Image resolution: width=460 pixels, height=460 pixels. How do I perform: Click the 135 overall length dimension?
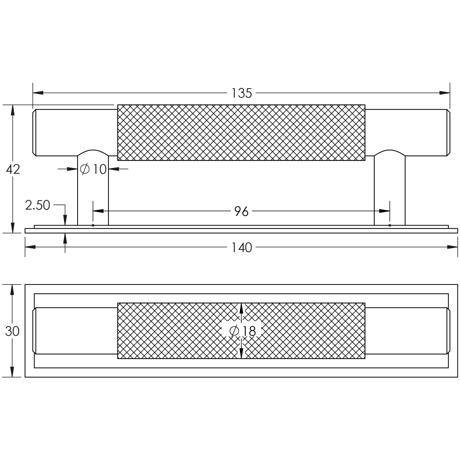[242, 93]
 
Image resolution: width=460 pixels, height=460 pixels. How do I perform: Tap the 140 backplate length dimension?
[242, 248]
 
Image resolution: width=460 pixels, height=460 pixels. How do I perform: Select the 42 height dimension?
[13, 169]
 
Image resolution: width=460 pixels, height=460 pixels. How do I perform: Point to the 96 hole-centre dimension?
[241, 211]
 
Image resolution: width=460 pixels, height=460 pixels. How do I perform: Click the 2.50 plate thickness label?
[37, 205]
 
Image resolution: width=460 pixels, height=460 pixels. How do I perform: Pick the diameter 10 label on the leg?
[93, 169]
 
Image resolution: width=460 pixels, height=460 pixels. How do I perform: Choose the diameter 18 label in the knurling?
[242, 331]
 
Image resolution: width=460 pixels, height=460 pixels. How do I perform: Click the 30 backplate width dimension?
[12, 331]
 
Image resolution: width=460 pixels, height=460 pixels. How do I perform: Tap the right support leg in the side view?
[390, 187]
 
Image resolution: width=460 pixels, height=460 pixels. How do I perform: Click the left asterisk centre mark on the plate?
[93, 225]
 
